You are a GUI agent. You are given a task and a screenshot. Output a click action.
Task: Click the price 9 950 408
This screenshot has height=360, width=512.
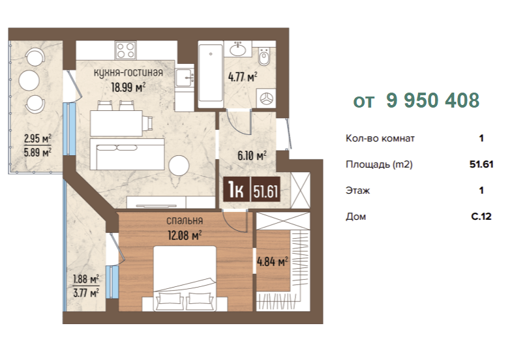pyautogui.click(x=432, y=100)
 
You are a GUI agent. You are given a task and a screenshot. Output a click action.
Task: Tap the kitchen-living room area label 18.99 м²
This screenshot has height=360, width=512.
pyautogui.click(x=128, y=87)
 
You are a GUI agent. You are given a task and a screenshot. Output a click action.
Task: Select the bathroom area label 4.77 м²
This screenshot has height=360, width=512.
pyautogui.click(x=243, y=77)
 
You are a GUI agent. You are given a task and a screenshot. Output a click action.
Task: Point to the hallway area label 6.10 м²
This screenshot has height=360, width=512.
pyautogui.click(x=252, y=156)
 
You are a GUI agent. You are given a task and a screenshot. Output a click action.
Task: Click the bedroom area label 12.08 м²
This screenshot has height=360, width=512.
pyautogui.click(x=185, y=235)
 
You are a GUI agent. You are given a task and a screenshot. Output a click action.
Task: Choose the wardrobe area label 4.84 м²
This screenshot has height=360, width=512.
pyautogui.click(x=273, y=262)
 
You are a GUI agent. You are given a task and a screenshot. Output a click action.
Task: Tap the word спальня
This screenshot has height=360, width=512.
pyautogui.click(x=185, y=220)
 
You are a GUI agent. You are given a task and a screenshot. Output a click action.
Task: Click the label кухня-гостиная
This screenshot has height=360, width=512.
pyautogui.click(x=128, y=72)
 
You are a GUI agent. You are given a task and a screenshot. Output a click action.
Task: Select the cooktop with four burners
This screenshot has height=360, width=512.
pyautogui.click(x=125, y=50)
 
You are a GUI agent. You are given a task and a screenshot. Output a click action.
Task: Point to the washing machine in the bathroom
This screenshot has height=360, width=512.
pyautogui.click(x=267, y=98)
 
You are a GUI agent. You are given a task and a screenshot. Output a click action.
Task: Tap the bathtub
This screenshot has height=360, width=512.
pyautogui.click(x=211, y=74)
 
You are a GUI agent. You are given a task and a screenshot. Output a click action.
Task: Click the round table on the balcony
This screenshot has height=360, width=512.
pyautogui.click(x=29, y=80)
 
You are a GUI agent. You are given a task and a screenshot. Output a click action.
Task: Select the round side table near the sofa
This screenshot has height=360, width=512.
pyautogui.click(x=179, y=165)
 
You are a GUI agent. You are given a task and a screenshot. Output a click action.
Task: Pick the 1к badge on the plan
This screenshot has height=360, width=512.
pyautogui.click(x=236, y=190)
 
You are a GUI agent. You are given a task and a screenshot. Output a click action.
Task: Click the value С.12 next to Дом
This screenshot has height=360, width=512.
pyautogui.click(x=481, y=217)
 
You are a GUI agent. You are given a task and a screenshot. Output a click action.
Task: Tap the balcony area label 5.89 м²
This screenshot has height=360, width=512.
pyautogui.click(x=38, y=153)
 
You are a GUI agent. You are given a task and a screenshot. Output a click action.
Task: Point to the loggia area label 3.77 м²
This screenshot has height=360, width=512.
pyautogui.click(x=86, y=293)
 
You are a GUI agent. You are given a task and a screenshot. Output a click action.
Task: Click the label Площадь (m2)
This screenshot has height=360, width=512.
pyautogui.click(x=379, y=164)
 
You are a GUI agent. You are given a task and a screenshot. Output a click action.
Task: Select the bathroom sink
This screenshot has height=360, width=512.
pyautogui.click(x=237, y=49)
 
